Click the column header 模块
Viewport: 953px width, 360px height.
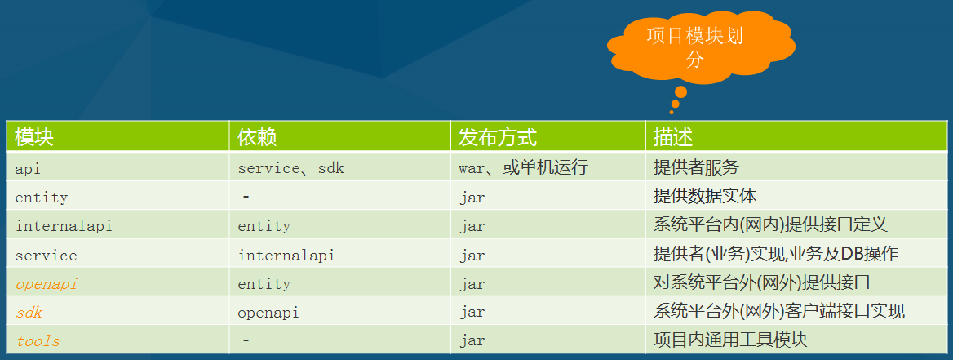[34, 137]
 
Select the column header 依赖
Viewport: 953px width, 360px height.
[257, 137]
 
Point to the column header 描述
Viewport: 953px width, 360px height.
[673, 137]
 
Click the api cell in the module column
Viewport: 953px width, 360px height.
[28, 168]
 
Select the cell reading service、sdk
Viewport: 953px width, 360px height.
[291, 168]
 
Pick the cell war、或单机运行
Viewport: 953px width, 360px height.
[523, 168]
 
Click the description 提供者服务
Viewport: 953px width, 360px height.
[696, 167]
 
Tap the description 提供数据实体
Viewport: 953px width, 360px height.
[705, 196]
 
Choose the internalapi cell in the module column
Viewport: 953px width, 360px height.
[64, 226]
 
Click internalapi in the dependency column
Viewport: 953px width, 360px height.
[286, 256]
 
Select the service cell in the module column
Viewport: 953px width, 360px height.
[47, 256]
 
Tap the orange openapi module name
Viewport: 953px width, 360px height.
[47, 284]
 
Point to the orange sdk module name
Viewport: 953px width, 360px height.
[29, 313]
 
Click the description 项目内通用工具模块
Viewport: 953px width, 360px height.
[730, 340]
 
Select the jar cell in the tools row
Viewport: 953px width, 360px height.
[472, 341]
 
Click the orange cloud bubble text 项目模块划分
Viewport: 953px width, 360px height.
[694, 48]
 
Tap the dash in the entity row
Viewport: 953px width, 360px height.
[246, 196]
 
